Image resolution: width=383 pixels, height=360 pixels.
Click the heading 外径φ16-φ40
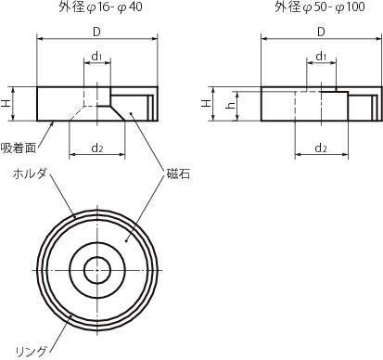100,7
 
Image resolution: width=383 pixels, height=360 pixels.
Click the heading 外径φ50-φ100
320,7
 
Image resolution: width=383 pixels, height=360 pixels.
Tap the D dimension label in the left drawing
96,32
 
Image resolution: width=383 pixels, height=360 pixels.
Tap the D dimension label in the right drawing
321,32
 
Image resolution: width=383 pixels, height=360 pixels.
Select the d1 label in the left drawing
96,56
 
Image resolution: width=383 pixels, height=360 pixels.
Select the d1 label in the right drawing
321,56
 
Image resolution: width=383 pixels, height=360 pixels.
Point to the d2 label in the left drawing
96,148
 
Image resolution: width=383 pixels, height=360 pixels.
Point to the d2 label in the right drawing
321,148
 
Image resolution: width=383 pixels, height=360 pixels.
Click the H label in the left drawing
6,104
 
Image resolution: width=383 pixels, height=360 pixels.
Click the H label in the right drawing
206,104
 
